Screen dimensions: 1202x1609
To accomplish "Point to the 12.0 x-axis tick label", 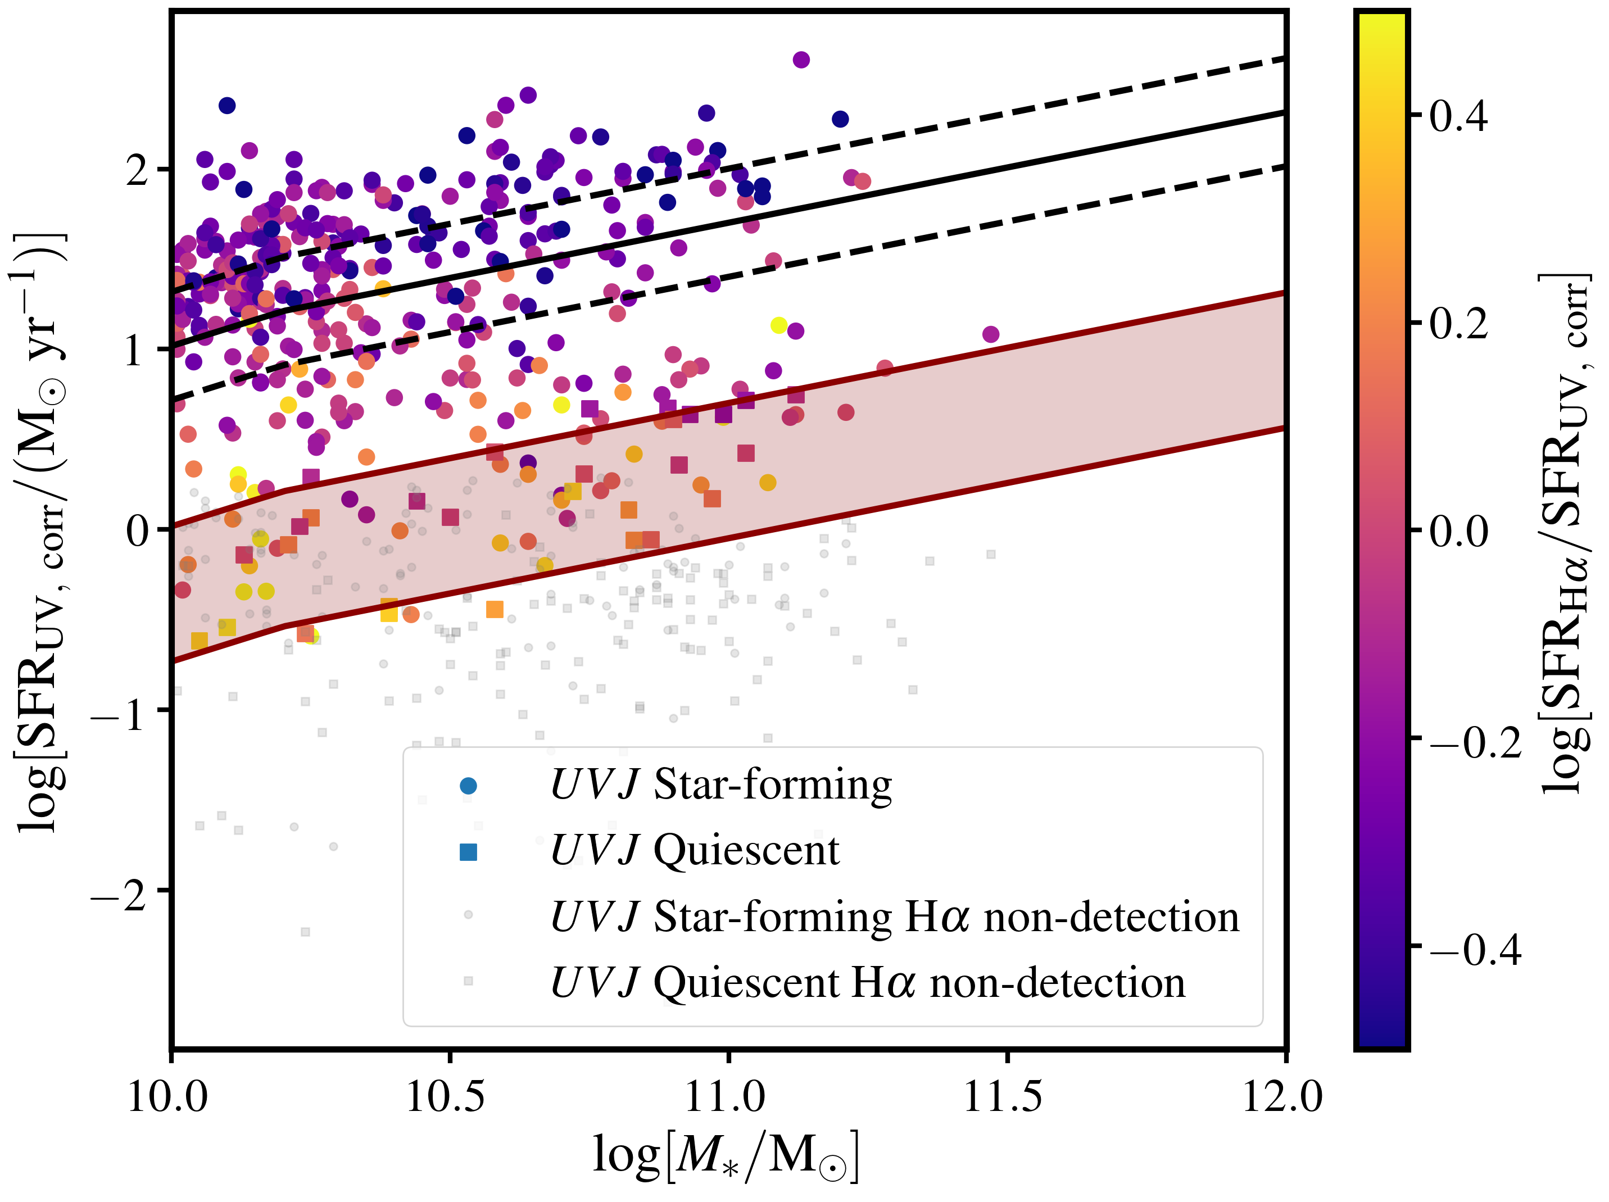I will point(1282,1096).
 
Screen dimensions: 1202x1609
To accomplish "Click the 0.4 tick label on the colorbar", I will point(1458,116).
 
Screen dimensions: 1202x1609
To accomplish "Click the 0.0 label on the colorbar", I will point(1458,532).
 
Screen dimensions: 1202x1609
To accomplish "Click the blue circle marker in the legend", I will point(469,786).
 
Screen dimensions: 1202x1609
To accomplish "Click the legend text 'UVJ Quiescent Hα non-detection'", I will point(868,983).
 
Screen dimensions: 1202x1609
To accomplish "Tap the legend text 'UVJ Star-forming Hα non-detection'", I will point(895,917).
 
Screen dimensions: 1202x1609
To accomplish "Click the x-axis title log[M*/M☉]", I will point(726,1156).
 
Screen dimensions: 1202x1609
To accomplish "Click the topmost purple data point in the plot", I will point(801,60).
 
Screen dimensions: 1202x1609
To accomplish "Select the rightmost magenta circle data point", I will point(991,334).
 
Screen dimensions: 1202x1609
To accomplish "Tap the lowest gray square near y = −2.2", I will point(306,932).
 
